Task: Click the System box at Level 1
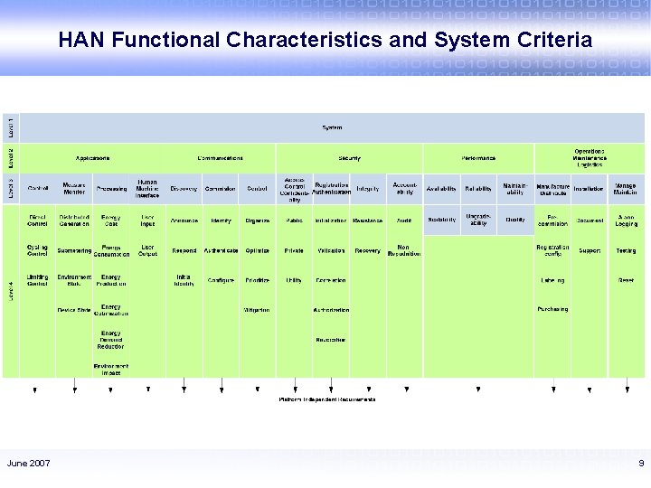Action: click(x=332, y=127)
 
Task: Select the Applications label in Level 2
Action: click(x=92, y=157)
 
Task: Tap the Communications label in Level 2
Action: click(x=220, y=157)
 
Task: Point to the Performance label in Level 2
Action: click(x=478, y=157)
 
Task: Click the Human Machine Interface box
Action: click(x=146, y=188)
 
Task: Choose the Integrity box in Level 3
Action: click(x=367, y=188)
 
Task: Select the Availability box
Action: click(x=441, y=188)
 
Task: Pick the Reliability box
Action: click(x=478, y=188)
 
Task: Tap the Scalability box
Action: click(x=441, y=220)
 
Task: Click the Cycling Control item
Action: click(x=38, y=250)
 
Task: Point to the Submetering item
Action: click(x=74, y=250)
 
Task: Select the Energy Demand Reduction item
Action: click(x=110, y=340)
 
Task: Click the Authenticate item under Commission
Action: click(x=221, y=250)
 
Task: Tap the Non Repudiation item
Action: click(x=404, y=250)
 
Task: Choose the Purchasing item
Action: click(x=552, y=309)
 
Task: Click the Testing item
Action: click(x=626, y=250)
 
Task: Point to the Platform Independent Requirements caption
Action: click(x=327, y=399)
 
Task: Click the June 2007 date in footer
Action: click(x=29, y=464)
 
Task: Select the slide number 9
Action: click(x=640, y=464)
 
